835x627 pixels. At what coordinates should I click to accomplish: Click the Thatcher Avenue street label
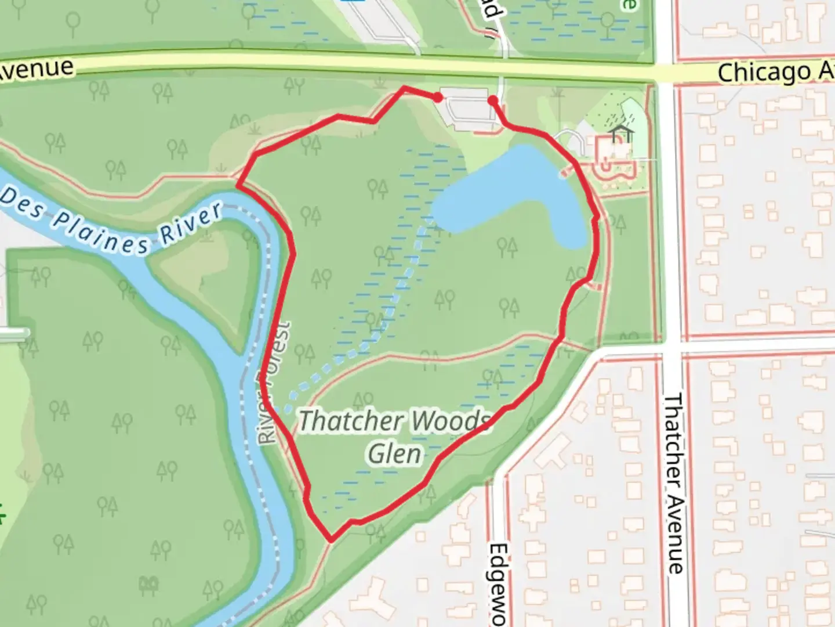674,484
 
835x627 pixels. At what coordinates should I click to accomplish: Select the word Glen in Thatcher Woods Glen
394,453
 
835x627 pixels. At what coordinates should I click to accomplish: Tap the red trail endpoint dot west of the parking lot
439,98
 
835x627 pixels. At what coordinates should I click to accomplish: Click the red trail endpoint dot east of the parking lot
493,101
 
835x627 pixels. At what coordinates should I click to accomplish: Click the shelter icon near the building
621,133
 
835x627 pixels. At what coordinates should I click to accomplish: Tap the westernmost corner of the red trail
238,186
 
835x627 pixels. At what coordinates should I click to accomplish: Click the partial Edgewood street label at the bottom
498,583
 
